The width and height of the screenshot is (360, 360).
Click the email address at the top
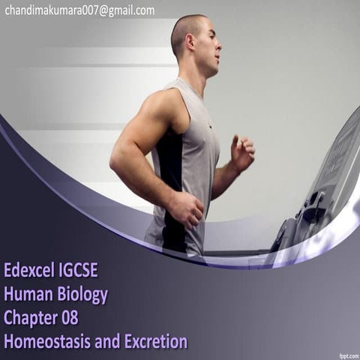coord(79,10)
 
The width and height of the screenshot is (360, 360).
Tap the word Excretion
coord(155,342)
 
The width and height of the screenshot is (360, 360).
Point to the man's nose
coord(220,46)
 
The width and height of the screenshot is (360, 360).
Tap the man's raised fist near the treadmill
coord(242,152)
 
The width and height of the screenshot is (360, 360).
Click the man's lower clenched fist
coord(187,209)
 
